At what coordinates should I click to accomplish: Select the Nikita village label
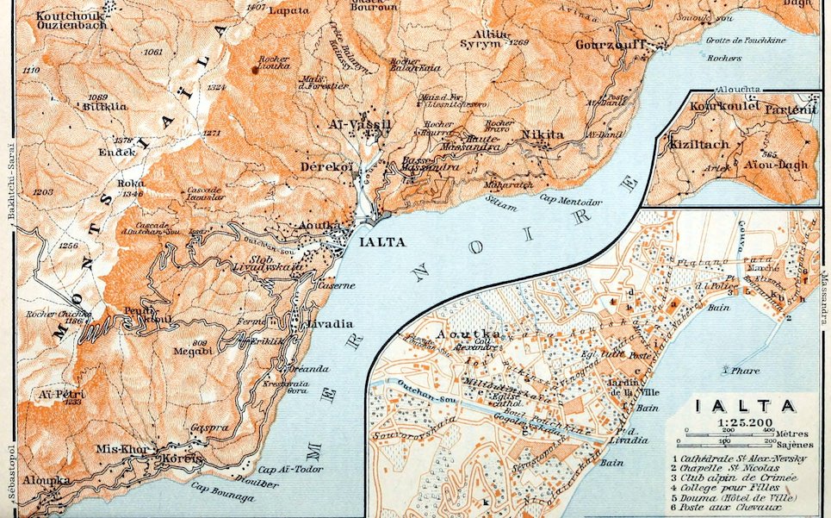tap(542, 135)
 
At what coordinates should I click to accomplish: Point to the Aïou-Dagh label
tap(780, 164)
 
